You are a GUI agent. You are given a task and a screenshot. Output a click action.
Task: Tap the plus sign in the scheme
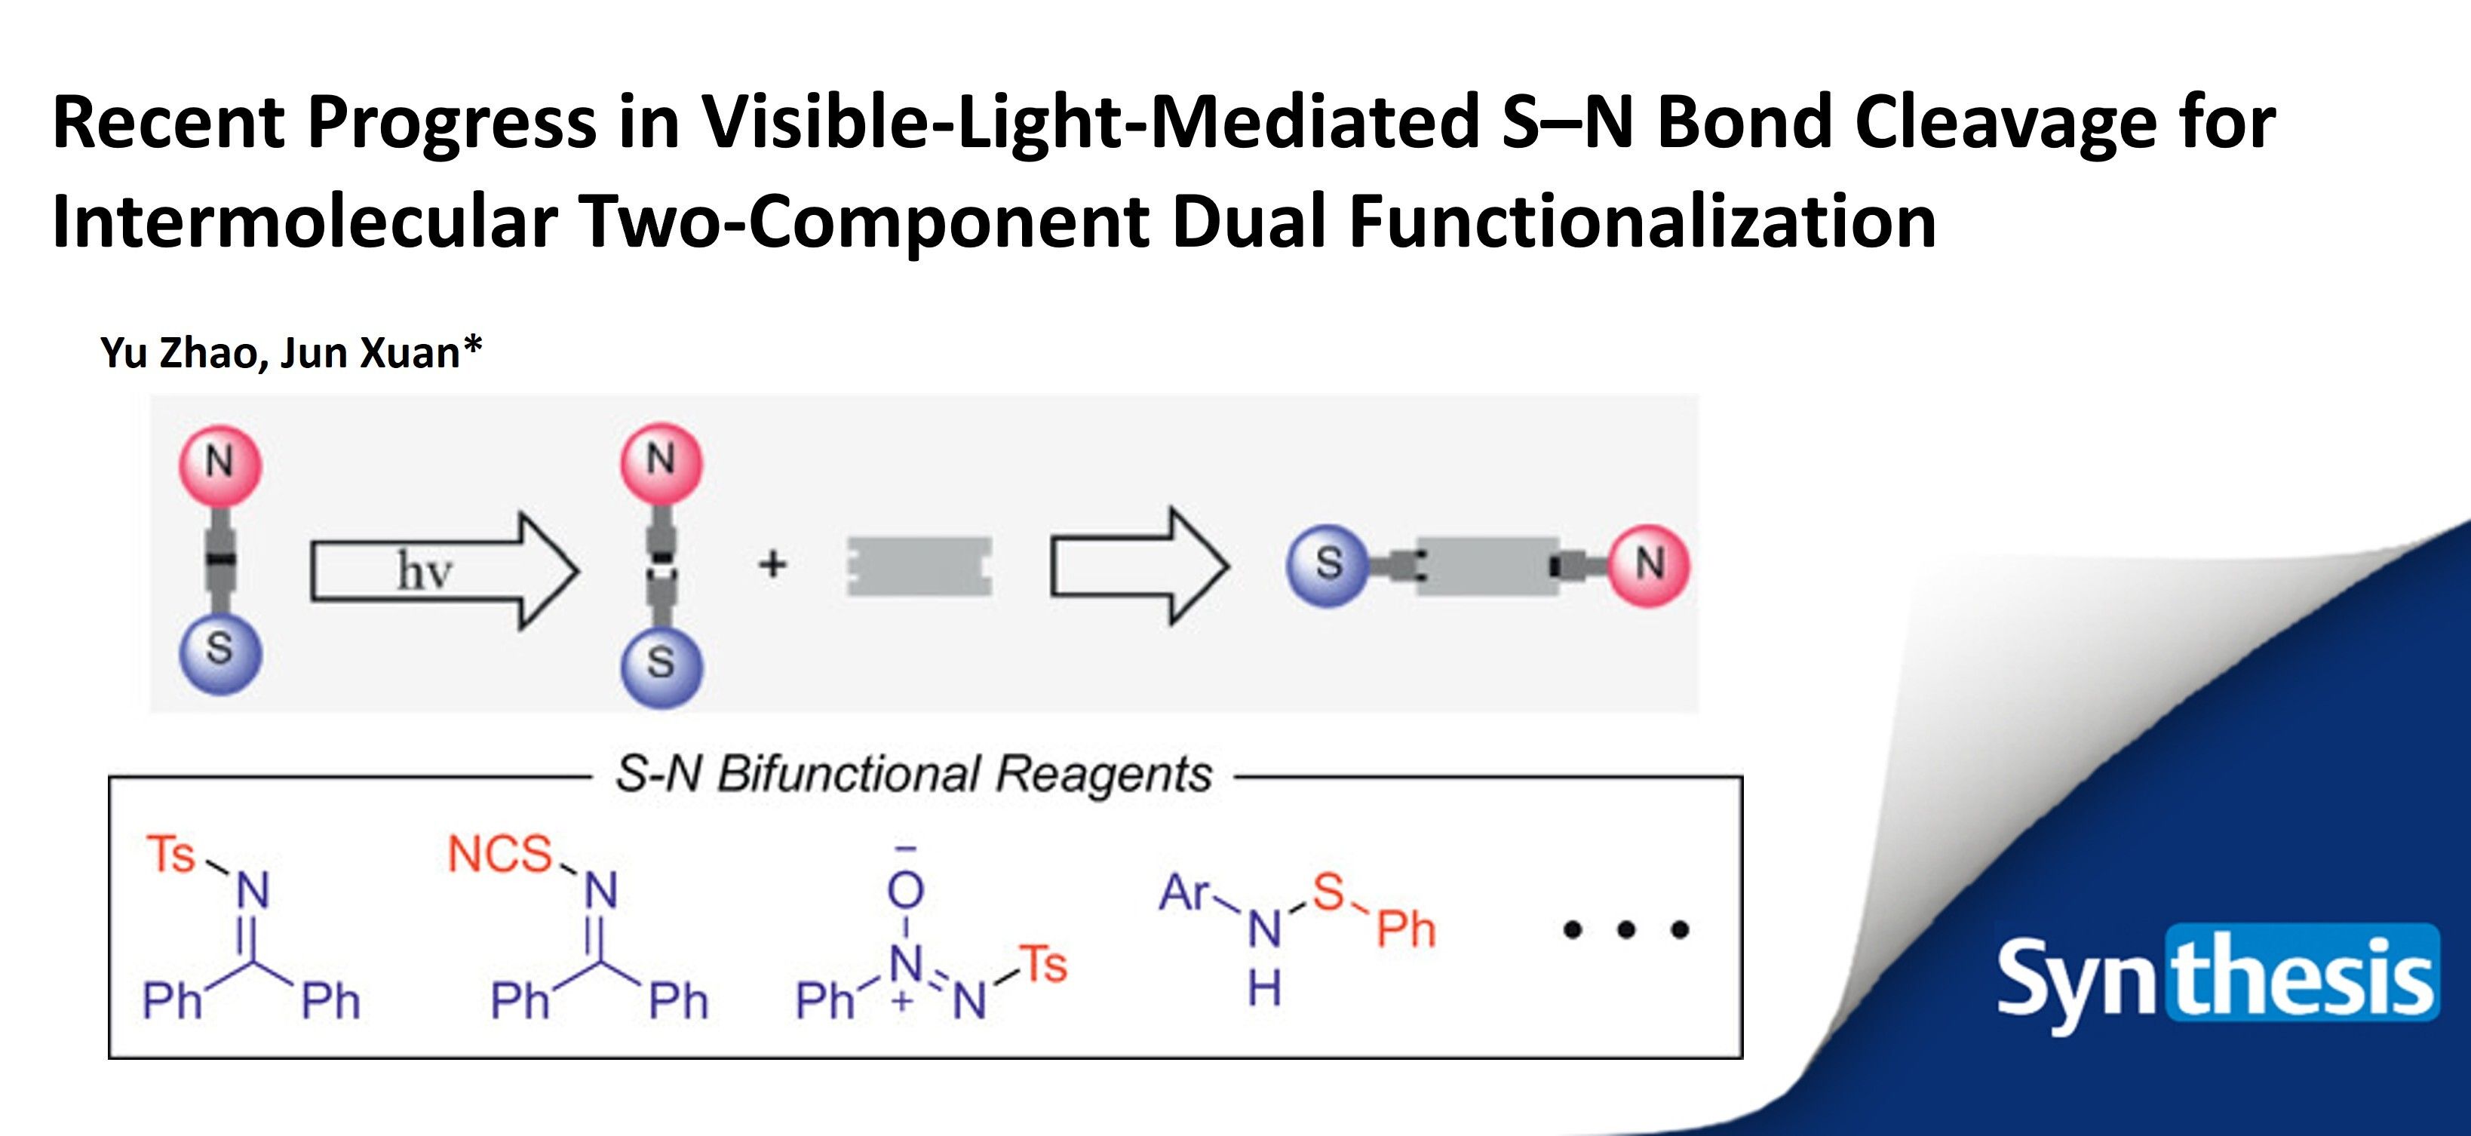coord(772,564)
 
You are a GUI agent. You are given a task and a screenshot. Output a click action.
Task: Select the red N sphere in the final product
coord(1648,564)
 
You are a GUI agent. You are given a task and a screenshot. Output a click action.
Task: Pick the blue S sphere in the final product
coord(1328,564)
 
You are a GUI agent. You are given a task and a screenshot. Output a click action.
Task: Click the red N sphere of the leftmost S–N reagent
coord(219,462)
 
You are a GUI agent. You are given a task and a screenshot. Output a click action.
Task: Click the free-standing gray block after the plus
coord(919,566)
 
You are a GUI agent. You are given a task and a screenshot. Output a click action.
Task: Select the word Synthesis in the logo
coord(2216,977)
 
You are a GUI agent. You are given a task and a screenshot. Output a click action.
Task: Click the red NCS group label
coord(500,854)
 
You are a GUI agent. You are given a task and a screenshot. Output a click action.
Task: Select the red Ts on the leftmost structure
coord(170,854)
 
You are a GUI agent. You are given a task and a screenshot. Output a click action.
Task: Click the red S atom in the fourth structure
coord(1328,892)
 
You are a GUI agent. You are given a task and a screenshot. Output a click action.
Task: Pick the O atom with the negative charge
coord(904,890)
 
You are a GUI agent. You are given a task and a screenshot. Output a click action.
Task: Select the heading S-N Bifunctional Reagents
coord(913,773)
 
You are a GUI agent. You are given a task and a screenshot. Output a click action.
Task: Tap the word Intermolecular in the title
coord(305,222)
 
